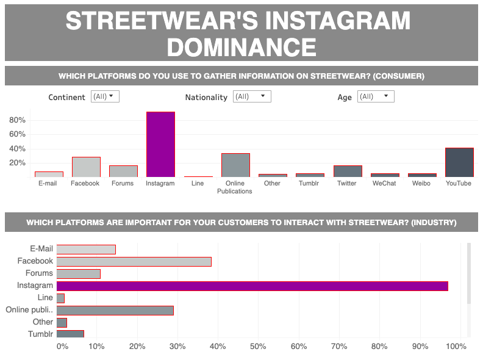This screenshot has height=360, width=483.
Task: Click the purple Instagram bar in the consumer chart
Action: [160, 145]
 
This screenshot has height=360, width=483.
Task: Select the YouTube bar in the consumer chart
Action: [459, 162]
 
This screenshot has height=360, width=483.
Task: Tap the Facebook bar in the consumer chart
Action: [86, 167]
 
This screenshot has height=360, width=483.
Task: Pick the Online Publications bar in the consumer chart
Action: [235, 165]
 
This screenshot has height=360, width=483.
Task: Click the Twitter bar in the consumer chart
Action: [348, 171]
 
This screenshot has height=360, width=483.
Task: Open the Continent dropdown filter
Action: [105, 96]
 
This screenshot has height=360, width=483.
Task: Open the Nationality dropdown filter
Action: [252, 96]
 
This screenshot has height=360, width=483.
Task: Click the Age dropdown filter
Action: [376, 96]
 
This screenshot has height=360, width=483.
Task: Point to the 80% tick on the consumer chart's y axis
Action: [16, 120]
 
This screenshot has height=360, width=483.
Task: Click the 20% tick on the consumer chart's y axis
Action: [16, 163]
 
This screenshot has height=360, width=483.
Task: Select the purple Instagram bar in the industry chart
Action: [252, 286]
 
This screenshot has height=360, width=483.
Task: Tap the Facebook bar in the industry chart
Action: [134, 261]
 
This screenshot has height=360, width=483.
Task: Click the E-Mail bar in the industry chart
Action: [86, 249]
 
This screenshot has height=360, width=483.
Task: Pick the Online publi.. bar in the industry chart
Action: [115, 310]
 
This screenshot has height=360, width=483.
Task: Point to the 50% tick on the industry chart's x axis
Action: [258, 347]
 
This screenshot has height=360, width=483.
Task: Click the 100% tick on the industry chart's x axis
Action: [456, 347]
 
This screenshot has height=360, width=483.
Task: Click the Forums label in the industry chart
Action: [39, 273]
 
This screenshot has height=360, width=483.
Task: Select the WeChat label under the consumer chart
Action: [385, 183]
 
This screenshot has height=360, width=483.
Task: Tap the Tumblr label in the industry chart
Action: [40, 334]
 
